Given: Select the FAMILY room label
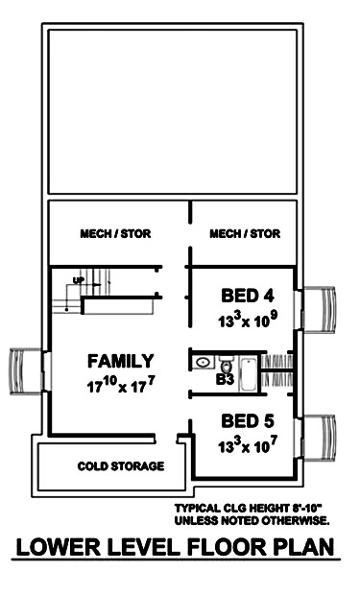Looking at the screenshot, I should click(x=120, y=362).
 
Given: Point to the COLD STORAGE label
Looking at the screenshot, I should click(x=121, y=465).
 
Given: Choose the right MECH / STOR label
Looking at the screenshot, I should click(x=245, y=233).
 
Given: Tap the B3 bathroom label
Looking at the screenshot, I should click(x=225, y=381).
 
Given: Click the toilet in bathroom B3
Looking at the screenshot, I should click(x=228, y=365).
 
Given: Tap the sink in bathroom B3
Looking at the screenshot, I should click(x=203, y=363).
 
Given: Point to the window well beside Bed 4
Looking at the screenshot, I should click(x=320, y=307).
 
